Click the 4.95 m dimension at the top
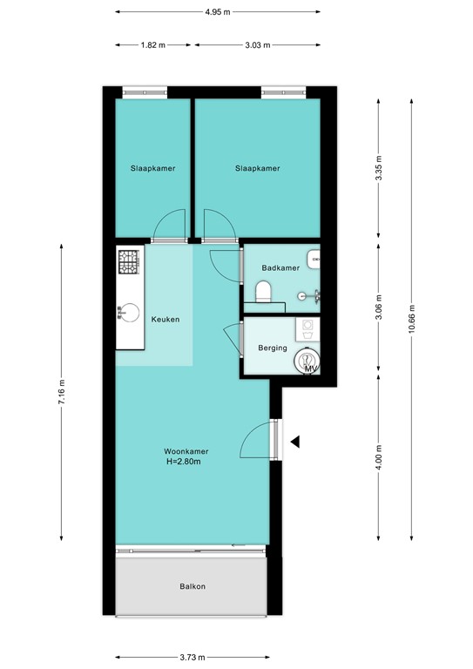pos(219,12)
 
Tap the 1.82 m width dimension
pos(153,44)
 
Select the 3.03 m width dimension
pos(258,44)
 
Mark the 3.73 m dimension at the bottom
pos(193,657)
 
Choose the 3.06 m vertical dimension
pos(378,305)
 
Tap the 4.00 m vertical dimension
pos(378,456)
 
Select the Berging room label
pos(273,348)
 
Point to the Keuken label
pos(166,320)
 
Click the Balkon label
pos(193,586)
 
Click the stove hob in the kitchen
pos(129,260)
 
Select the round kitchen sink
pos(129,311)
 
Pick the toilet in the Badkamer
pos(264,291)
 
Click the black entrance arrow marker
pos(295,442)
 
